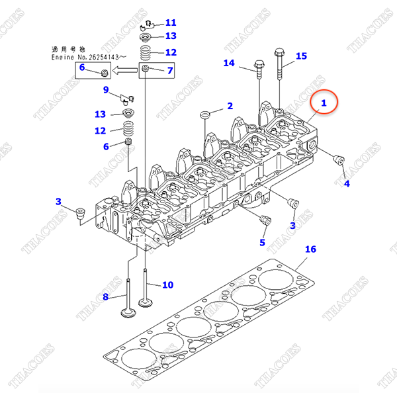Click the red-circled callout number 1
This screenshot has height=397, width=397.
point(324,103)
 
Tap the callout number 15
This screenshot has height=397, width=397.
point(301,56)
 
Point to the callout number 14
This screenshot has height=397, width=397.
point(229,64)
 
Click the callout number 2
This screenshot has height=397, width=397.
point(230,106)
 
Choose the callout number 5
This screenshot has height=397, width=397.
point(262,242)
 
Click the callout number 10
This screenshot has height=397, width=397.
point(167,285)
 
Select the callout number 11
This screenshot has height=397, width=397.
point(171,23)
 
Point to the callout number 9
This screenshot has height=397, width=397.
point(105,89)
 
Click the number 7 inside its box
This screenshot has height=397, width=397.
point(169,70)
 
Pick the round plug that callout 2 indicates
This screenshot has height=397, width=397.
point(205,116)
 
